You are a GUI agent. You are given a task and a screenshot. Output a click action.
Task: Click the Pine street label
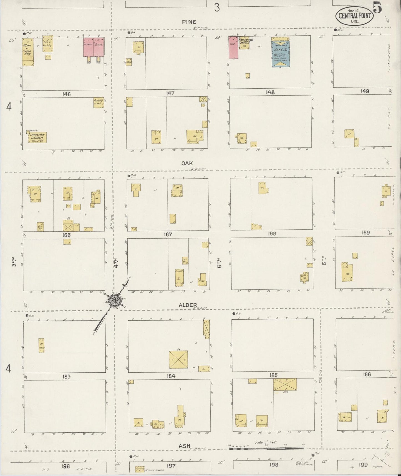[x=189, y=22]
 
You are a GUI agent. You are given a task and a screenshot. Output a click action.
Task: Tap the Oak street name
[x=187, y=163]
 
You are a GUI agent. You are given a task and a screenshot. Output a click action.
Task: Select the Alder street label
[x=188, y=305]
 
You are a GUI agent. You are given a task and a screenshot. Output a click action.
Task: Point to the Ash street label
[x=184, y=446]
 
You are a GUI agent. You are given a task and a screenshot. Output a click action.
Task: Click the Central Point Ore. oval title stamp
[x=355, y=16]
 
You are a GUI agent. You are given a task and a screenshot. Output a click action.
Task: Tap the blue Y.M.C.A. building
[x=281, y=53]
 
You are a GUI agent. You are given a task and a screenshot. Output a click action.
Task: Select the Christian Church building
[x=37, y=137]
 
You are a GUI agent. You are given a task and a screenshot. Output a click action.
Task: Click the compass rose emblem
[x=114, y=300]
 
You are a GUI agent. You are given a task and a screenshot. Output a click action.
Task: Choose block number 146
[x=67, y=94]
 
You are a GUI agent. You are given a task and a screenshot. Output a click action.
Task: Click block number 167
[x=168, y=235]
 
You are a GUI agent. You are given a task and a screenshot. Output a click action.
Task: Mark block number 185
[x=273, y=375]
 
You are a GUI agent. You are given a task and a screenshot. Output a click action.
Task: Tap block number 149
[x=365, y=91]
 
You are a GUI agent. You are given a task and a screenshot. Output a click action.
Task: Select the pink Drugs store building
[x=99, y=47]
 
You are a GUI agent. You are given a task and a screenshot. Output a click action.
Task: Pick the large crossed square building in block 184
[x=178, y=360]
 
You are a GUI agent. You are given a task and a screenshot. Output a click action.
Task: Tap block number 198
[x=274, y=464]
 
